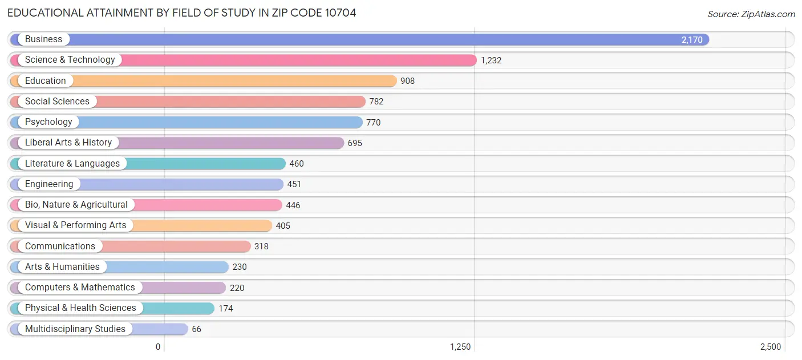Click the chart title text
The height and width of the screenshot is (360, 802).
point(181,13)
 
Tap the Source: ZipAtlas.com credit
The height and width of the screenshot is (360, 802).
point(751,14)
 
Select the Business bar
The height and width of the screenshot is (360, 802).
point(371,39)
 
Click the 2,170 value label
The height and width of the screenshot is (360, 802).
point(691,40)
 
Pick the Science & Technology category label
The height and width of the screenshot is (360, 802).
point(70,60)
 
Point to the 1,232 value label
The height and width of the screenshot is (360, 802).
point(491,60)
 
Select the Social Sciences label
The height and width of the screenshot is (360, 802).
point(57,102)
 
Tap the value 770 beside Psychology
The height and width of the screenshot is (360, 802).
point(373,123)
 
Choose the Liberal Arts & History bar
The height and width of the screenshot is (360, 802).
point(228,143)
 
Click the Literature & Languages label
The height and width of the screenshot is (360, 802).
point(72,164)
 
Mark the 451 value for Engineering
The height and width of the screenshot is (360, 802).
point(294,184)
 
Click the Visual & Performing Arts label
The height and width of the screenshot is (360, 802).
point(75,225)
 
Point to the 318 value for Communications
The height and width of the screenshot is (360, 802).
point(261,246)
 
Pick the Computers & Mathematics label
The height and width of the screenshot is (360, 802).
point(80,288)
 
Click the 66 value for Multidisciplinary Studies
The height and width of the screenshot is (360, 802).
point(196,329)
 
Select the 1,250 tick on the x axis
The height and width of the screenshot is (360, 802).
point(460,347)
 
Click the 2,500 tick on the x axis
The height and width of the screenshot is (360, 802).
point(770,347)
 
